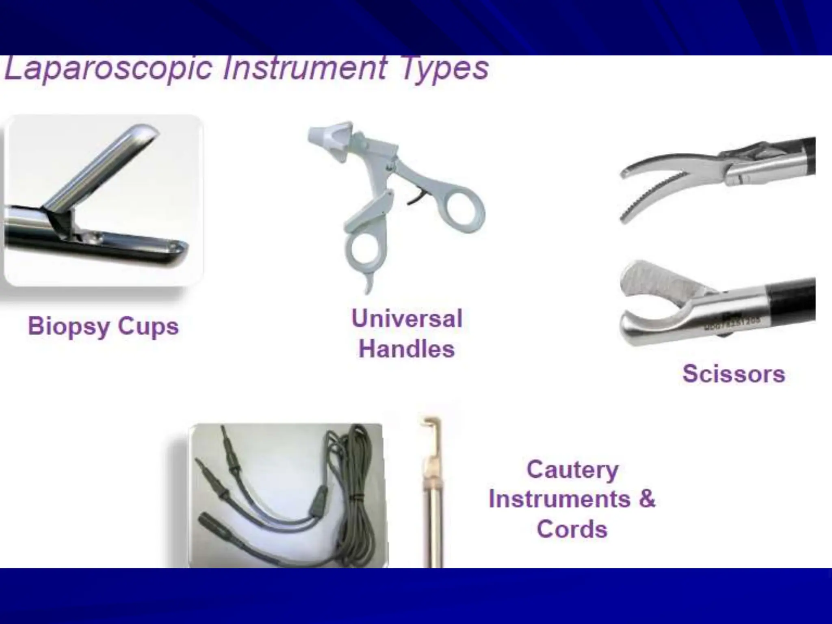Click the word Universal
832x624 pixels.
(407, 318)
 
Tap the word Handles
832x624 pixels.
(407, 349)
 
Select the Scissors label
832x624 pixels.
(734, 374)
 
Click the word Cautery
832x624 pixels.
(572, 470)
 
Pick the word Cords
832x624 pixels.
(572, 529)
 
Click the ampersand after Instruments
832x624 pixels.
(647, 499)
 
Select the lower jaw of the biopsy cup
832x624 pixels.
(134, 246)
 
